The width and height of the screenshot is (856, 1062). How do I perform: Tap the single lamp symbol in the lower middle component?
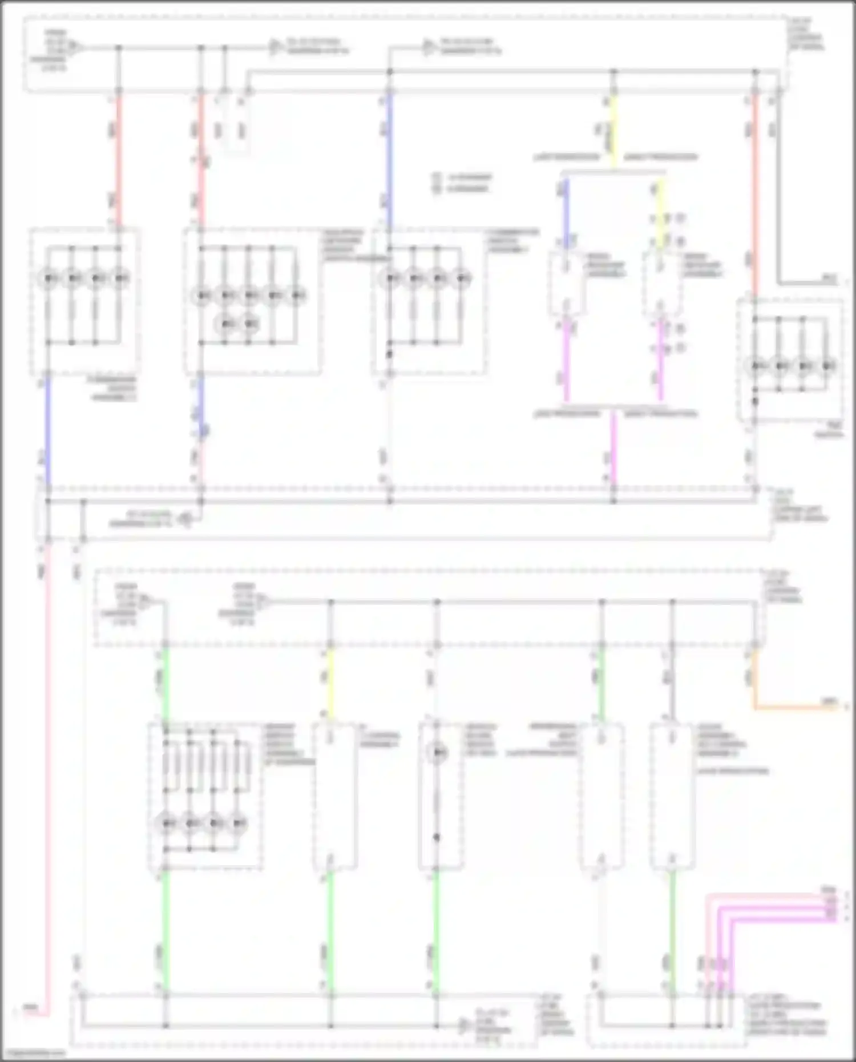click(x=438, y=753)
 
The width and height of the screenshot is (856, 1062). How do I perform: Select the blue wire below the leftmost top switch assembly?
click(x=47, y=428)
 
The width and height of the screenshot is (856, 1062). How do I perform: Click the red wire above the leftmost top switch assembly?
click(x=119, y=160)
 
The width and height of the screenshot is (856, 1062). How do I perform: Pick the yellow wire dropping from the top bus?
click(x=613, y=131)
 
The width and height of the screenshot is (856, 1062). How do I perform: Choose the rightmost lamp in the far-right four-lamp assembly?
click(x=827, y=365)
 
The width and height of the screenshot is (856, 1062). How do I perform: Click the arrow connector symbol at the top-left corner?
click(x=78, y=47)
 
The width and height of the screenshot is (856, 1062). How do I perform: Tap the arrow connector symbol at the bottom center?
click(x=466, y=1025)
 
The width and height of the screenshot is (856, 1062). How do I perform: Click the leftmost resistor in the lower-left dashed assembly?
click(x=165, y=762)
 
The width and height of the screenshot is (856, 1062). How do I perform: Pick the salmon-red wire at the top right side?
click(x=755, y=194)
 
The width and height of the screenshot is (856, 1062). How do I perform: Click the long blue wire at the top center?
click(x=390, y=160)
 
